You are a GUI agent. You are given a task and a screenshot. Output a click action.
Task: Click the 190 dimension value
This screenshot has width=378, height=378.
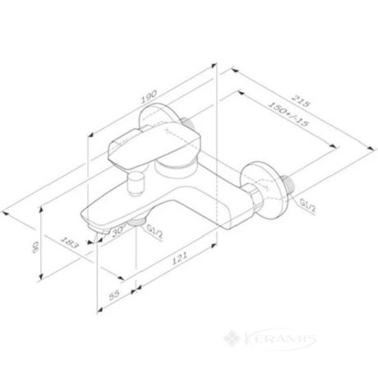(x=149, y=97)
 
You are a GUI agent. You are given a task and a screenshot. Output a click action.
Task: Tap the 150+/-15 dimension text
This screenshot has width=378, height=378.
(x=288, y=114)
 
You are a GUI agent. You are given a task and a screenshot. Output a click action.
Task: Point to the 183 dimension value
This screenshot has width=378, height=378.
(x=69, y=242)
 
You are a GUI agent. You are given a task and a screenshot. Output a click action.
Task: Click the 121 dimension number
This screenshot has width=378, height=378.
(x=179, y=258)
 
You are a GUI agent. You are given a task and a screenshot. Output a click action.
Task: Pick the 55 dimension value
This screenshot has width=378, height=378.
(x=114, y=295)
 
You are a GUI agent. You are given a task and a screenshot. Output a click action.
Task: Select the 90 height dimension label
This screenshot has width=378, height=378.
(x=36, y=247)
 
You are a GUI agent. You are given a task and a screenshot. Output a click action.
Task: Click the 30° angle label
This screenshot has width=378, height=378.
(x=118, y=230)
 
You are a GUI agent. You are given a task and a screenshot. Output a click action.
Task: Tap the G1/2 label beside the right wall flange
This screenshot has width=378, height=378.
(x=308, y=206)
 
